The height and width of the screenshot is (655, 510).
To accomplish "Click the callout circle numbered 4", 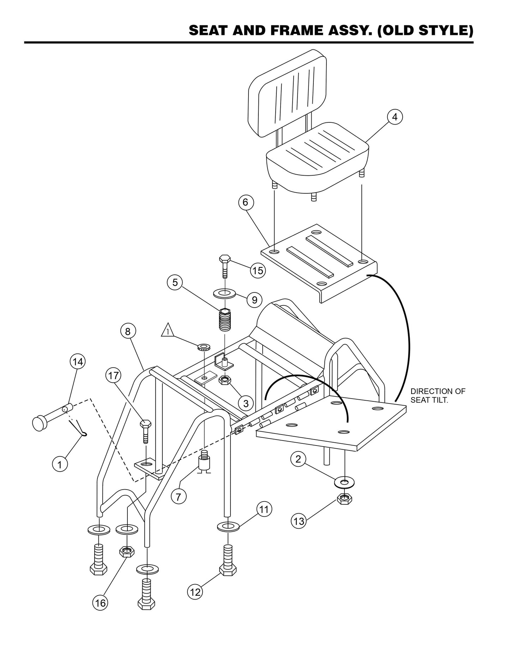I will coord(395,117).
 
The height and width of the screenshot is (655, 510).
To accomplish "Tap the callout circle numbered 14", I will coord(78,362).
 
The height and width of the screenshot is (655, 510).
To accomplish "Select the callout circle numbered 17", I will coord(113,375).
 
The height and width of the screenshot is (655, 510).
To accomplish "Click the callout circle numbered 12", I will coord(195,592).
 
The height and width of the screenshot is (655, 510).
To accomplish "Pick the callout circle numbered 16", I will coord(101,603).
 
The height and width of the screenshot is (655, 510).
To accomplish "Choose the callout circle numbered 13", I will coord(299,521).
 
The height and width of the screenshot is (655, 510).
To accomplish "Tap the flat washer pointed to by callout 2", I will coord(344,481).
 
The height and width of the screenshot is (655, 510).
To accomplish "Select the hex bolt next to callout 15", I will coord(225,267).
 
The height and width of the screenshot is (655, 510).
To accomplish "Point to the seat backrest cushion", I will coord(287,94).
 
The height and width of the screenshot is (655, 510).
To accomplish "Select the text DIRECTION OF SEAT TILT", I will coord(438,395).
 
